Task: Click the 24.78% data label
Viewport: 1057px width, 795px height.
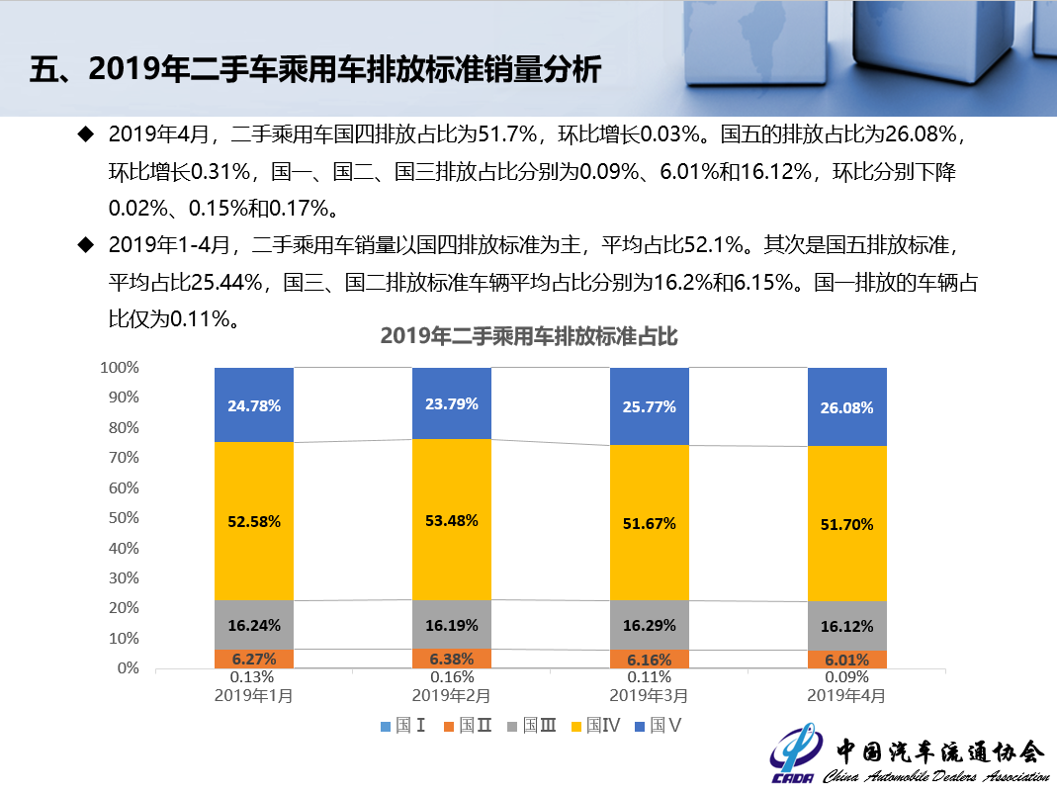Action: point(254,405)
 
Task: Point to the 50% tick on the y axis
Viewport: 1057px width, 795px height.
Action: point(124,517)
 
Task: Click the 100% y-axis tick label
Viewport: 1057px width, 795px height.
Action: point(120,367)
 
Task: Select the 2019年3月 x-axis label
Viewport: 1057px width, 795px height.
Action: point(650,695)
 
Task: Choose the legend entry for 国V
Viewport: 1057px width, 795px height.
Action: point(658,726)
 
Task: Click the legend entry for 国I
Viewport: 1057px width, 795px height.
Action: point(403,726)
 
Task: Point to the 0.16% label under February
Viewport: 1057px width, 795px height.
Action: point(452,677)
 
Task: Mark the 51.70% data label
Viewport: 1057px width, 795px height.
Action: point(847,525)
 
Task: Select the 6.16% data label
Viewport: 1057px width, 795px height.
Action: point(650,660)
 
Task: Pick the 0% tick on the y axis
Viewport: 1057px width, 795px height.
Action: point(129,668)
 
